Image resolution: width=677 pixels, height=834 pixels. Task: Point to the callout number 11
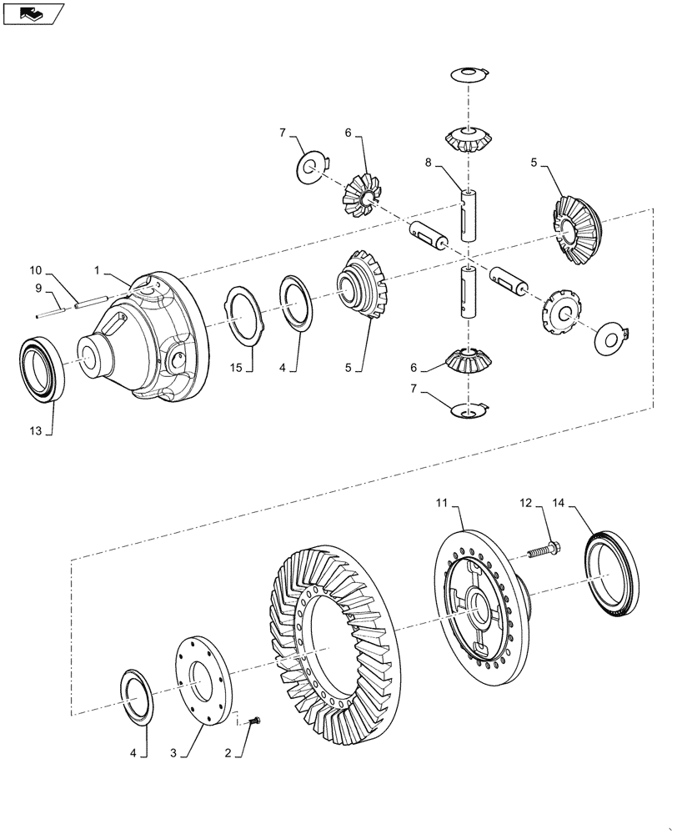(x=442, y=502)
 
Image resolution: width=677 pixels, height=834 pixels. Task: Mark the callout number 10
(x=36, y=271)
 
